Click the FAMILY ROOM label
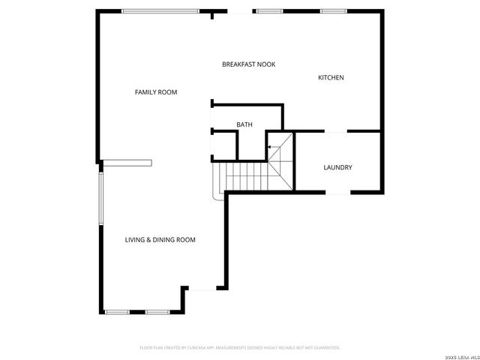click(x=156, y=92)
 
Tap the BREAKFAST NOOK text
click(x=248, y=64)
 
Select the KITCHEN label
click(x=331, y=78)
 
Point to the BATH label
click(x=244, y=124)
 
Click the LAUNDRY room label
click(x=337, y=167)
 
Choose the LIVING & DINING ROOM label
click(x=160, y=240)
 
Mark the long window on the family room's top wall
click(x=160, y=11)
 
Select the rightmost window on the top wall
click(x=332, y=11)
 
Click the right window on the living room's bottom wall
click(x=157, y=312)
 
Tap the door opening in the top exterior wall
click(x=239, y=12)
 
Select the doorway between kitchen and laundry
click(x=335, y=132)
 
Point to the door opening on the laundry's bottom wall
click(x=337, y=193)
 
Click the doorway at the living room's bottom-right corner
click(x=202, y=288)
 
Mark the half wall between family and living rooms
click(x=127, y=162)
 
